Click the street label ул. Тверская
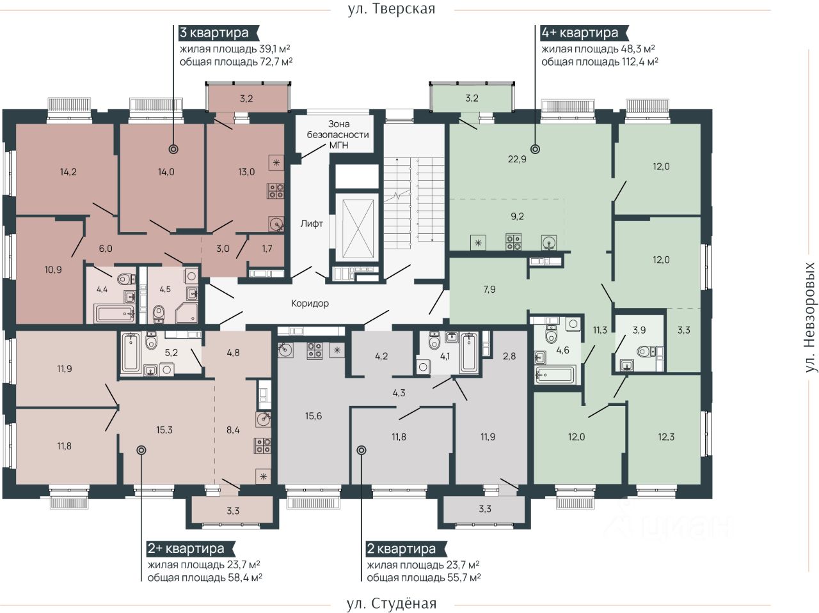click(x=392, y=9)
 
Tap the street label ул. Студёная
click(x=392, y=603)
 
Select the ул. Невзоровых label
click(x=809, y=318)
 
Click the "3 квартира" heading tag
click(x=218, y=33)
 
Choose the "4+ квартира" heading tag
click(x=584, y=33)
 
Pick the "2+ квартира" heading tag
click(x=190, y=548)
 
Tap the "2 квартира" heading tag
click(x=405, y=548)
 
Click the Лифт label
click(x=312, y=224)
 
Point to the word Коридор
click(x=310, y=304)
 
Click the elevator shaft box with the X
click(x=358, y=228)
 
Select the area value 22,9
click(x=517, y=159)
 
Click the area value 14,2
click(x=68, y=172)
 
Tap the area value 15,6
click(x=314, y=416)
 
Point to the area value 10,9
click(x=53, y=269)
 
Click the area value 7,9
click(x=489, y=289)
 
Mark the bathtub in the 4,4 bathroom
click(x=114, y=314)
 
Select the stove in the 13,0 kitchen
click(x=276, y=190)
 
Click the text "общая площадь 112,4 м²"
click(x=600, y=62)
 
